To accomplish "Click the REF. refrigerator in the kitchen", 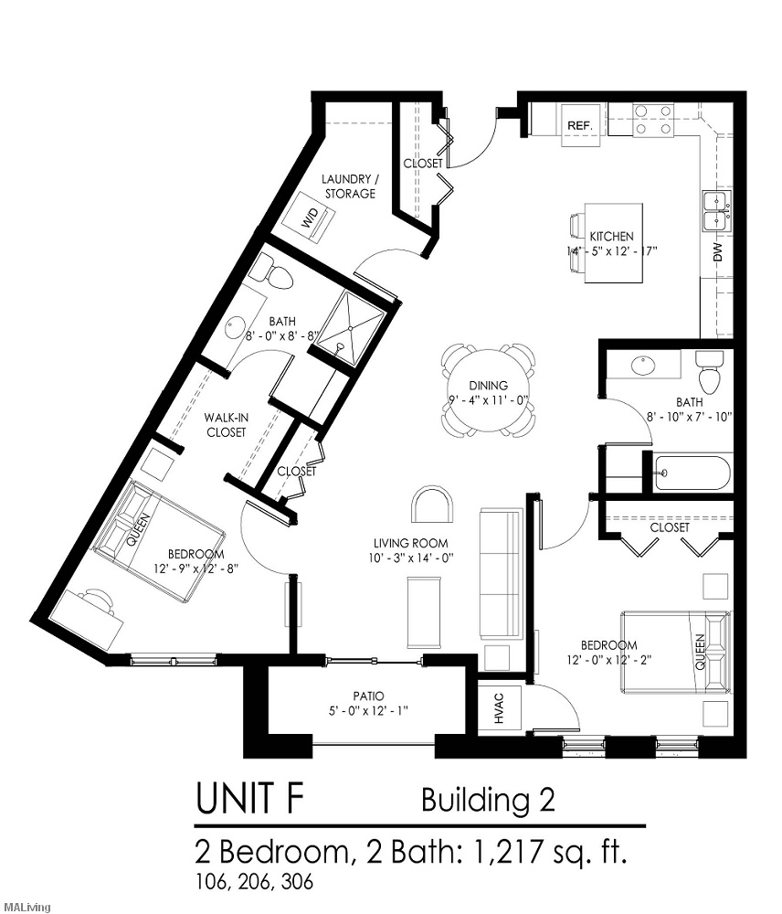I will (580, 124).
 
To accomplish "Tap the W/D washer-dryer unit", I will (311, 218).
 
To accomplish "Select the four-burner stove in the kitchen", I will (654, 120).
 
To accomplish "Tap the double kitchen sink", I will (717, 212).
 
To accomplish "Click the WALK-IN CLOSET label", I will (225, 424).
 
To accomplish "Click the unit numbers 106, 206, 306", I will (255, 883).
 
